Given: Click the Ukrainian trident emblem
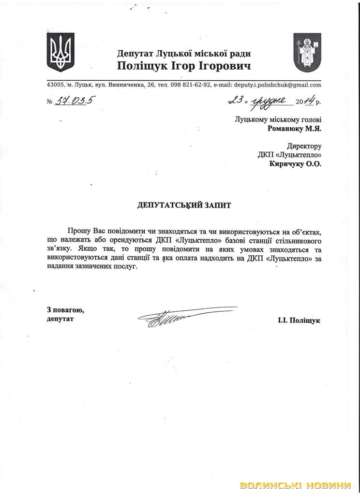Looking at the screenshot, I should coord(60,52).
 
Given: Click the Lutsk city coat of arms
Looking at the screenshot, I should coord(307,52).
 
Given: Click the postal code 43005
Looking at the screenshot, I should coord(56,85).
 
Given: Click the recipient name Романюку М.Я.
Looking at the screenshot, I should coord(294,129).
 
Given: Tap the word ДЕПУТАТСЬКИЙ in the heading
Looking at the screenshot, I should coord(167,205).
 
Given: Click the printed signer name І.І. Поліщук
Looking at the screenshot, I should coord(299,320).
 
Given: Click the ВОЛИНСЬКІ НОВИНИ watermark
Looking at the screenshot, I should coord(295,485).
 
